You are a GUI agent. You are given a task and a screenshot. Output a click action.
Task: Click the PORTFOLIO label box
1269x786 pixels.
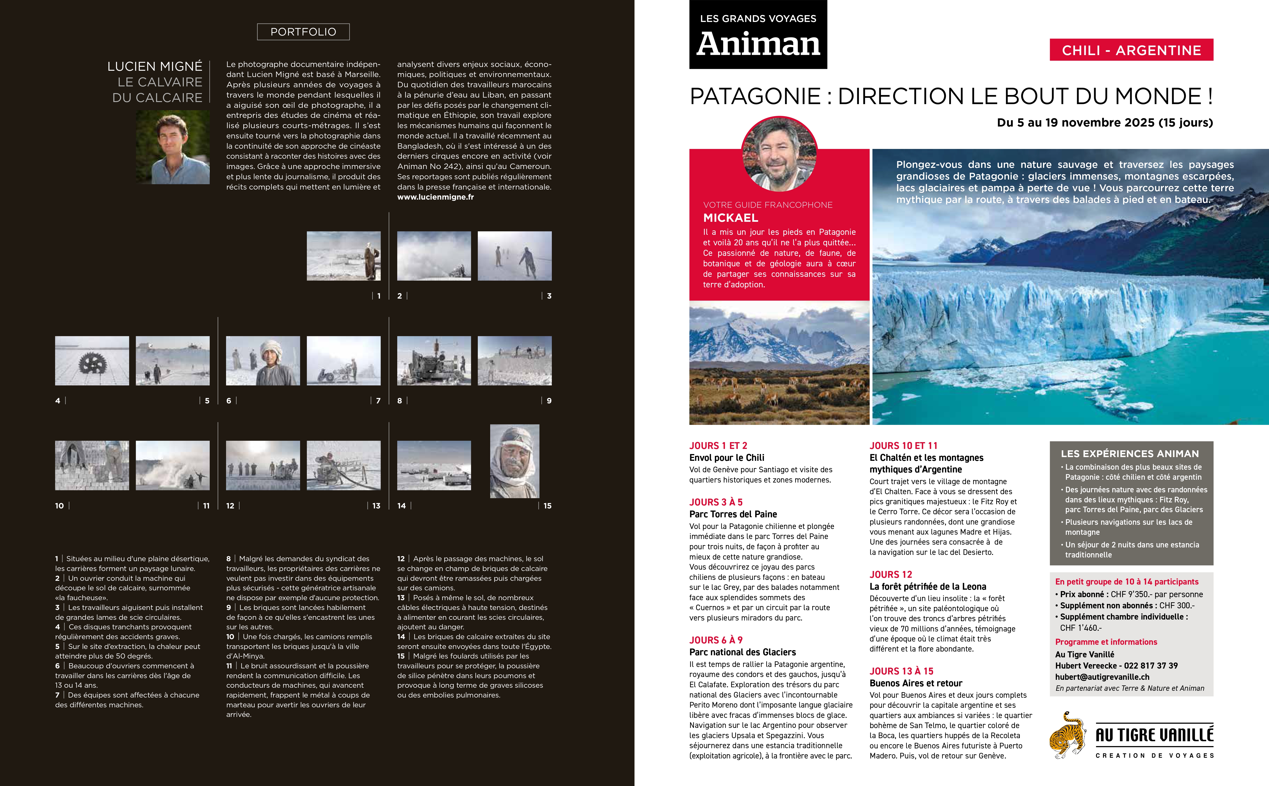pos(303,32)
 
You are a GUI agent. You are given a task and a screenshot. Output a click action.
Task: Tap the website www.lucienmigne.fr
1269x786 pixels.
pos(435,197)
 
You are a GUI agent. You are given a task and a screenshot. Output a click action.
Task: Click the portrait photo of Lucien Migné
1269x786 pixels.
pos(173,147)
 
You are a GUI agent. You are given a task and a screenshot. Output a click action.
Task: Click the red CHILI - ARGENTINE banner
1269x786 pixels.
pos(1131,50)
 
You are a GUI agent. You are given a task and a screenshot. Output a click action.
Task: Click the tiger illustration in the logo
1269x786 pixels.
pos(1067,735)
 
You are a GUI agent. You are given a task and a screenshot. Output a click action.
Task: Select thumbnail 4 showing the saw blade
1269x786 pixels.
pos(92,361)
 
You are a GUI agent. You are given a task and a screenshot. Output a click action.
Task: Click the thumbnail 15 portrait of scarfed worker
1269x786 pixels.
pos(514,461)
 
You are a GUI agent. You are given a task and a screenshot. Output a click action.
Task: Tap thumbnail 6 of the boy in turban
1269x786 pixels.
pos(263,361)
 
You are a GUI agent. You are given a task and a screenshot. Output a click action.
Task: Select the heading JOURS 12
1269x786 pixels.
pos(890,575)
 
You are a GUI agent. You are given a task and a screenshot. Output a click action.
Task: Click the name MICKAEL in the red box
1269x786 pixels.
pos(730,218)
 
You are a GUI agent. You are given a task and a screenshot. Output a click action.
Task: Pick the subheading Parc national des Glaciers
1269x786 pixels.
pos(742,652)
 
